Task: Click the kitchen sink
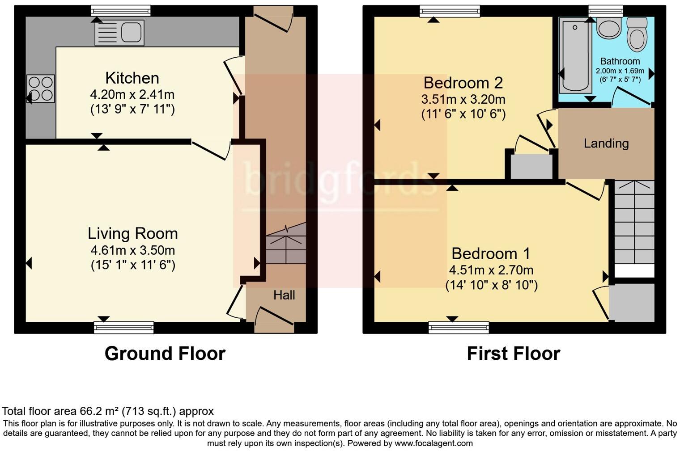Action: point(119,32)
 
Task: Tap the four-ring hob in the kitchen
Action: point(41,89)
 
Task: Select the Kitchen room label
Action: point(132,78)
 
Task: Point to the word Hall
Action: point(284,295)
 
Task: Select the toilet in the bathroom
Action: point(637,35)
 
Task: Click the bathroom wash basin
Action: point(608,28)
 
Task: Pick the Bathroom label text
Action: point(620,61)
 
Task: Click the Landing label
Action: point(606,143)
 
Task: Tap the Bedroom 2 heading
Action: point(463,83)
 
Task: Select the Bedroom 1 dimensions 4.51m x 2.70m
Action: point(491,270)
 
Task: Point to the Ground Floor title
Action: point(165,354)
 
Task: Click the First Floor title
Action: point(513,354)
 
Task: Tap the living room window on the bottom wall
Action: point(123,328)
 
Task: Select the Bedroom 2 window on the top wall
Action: point(450,11)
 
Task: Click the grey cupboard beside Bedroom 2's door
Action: point(531,167)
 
